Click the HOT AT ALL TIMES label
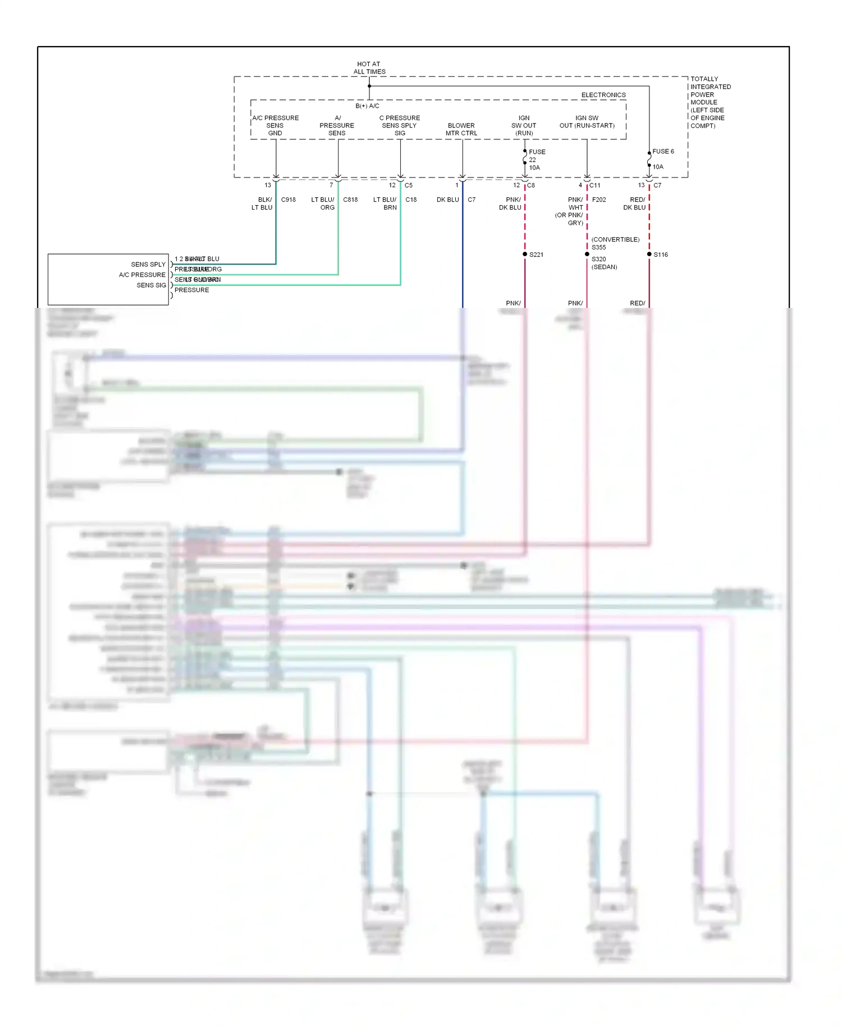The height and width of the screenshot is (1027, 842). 369,68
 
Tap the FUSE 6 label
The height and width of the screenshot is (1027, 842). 662,151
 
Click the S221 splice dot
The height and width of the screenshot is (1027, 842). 525,255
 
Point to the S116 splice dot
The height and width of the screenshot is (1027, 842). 649,255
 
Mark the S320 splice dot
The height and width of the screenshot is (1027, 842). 587,255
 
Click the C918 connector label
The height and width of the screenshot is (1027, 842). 288,199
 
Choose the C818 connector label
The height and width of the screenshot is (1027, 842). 350,199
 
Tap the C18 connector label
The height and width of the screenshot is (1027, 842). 411,199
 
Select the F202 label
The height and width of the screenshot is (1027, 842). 599,199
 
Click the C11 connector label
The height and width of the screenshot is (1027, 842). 594,185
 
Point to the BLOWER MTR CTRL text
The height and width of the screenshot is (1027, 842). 461,129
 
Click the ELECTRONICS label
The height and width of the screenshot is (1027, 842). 603,95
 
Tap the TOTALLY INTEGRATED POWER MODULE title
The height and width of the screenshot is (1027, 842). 710,102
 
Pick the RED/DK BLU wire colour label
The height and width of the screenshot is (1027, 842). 635,203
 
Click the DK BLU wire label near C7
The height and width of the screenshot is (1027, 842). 448,199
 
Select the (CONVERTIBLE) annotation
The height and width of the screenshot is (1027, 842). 615,239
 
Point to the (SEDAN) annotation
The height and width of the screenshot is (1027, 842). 604,267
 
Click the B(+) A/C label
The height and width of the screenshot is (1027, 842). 367,106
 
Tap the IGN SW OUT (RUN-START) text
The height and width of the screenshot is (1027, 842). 587,122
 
